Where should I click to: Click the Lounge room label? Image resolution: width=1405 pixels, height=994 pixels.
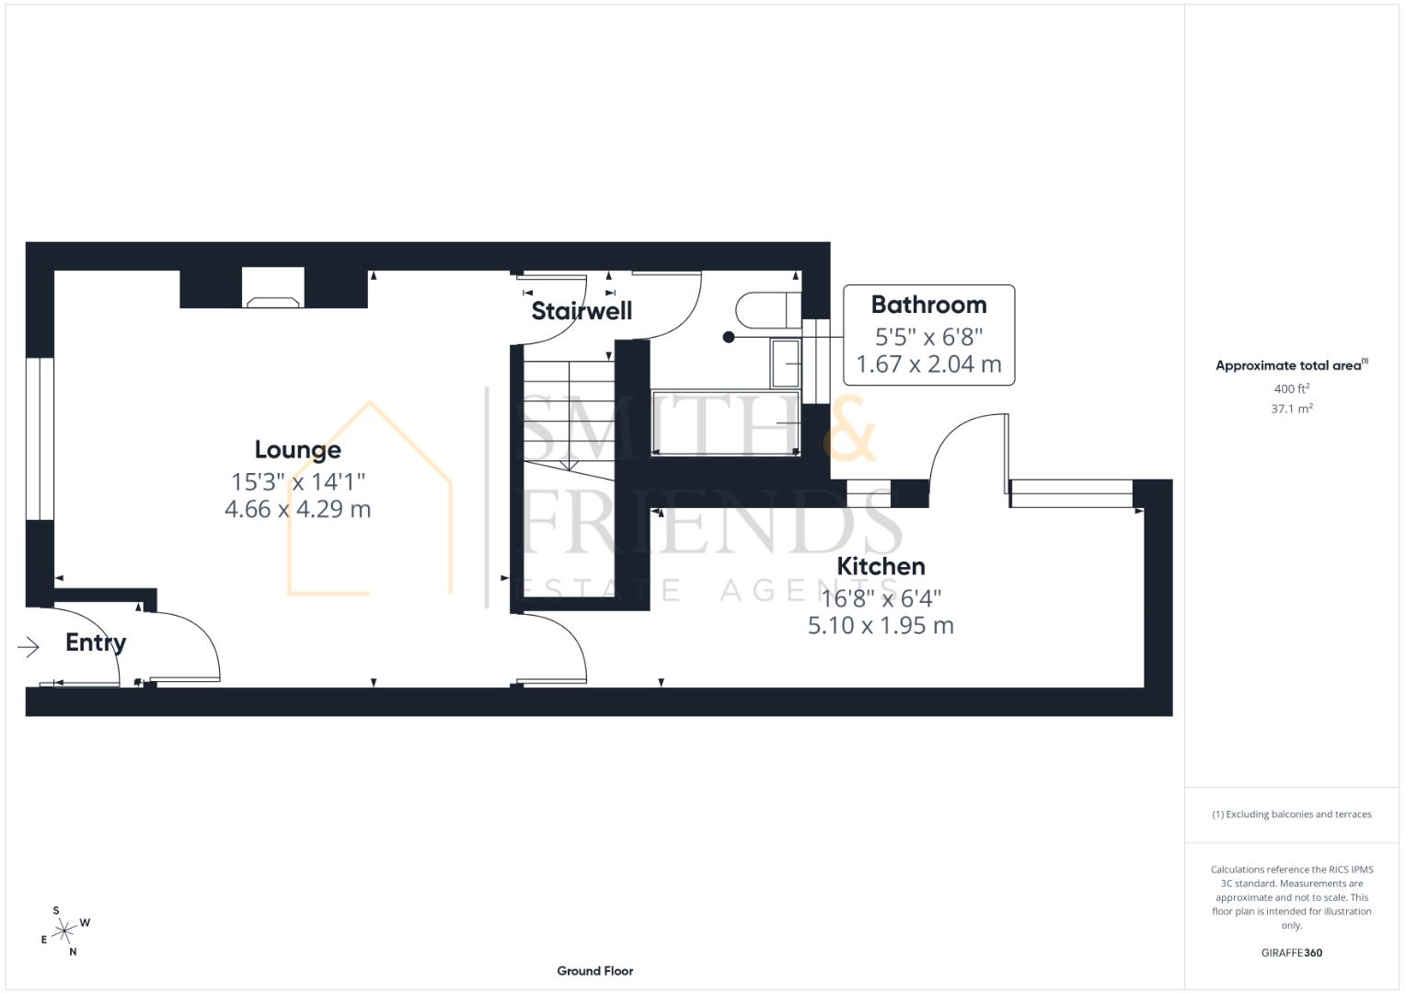(x=297, y=450)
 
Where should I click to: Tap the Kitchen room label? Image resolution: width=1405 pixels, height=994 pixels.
(x=881, y=566)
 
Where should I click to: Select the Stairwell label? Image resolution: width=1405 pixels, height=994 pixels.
(x=582, y=311)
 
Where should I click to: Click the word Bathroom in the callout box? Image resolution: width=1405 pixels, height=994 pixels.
(x=928, y=305)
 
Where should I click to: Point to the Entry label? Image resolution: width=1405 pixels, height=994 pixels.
(x=96, y=642)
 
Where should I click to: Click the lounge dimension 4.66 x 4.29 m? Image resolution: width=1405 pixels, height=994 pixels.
(x=297, y=509)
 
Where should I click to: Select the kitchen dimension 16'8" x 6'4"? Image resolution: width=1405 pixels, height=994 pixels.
(x=881, y=598)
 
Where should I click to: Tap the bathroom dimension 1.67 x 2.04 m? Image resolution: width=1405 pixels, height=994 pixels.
(x=928, y=364)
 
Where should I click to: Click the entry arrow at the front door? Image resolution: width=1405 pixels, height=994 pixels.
(x=29, y=648)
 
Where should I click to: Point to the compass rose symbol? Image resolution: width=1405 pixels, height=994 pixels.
(x=63, y=932)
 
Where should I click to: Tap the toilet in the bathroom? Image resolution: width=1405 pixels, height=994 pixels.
(x=766, y=310)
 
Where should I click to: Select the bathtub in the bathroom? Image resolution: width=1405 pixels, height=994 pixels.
(x=724, y=422)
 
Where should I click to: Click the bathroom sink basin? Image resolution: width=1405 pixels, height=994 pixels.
(x=786, y=363)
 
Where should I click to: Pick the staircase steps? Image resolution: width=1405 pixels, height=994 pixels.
(x=569, y=414)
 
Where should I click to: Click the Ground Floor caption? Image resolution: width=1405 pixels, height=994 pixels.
(x=594, y=971)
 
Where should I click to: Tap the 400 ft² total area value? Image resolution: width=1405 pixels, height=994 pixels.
(x=1291, y=389)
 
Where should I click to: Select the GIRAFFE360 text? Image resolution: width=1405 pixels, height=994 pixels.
(x=1291, y=953)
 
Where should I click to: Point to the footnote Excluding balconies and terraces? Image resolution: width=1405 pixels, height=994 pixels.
(x=1291, y=815)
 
